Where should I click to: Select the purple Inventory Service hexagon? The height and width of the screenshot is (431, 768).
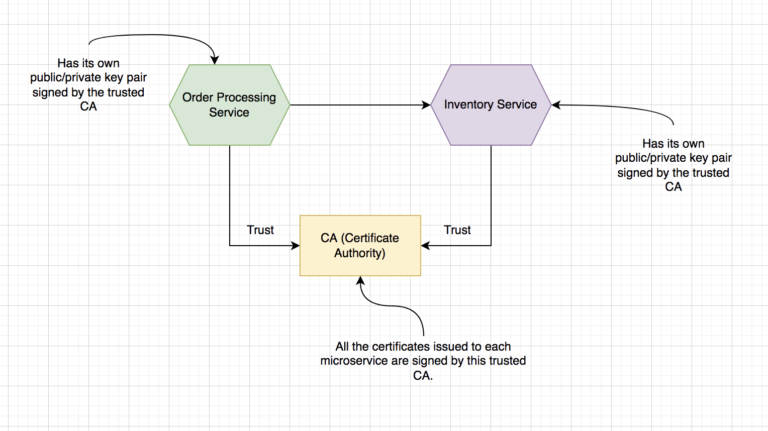[491, 126]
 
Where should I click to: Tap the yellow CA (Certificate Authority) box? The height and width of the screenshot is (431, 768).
[360, 264]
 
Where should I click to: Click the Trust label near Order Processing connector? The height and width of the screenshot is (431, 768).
[260, 230]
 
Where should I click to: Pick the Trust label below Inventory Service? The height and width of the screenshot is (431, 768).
[457, 230]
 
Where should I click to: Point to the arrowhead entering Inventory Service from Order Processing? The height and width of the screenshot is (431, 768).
[427, 105]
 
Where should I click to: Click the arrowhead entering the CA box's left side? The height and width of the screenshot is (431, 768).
[296, 246]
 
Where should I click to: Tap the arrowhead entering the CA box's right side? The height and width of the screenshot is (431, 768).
[425, 246]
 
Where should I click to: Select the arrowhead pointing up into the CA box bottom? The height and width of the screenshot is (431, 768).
[360, 280]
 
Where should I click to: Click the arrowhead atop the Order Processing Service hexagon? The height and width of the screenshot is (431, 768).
[215, 60]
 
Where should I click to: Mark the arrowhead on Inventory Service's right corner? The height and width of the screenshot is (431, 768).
[556, 105]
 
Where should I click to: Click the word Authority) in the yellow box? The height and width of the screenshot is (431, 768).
[360, 253]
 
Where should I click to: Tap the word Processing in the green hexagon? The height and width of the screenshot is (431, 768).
[246, 97]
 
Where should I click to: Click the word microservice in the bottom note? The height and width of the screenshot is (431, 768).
[354, 361]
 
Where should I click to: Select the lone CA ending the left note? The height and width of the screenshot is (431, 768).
[88, 106]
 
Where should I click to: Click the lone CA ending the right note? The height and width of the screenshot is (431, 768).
[674, 187]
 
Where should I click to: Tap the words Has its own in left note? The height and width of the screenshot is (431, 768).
[88, 63]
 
